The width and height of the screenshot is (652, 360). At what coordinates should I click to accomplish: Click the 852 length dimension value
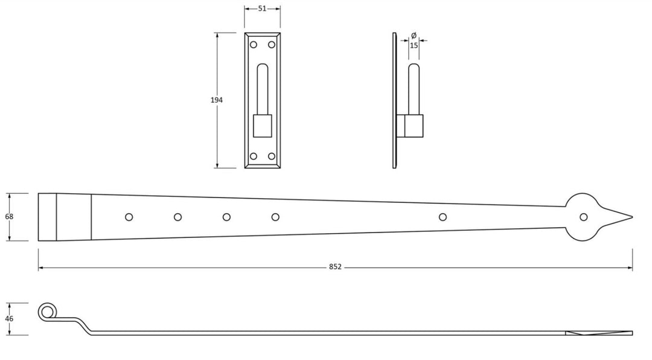(x=335, y=266)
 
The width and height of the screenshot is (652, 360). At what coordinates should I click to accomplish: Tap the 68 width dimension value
(x=8, y=216)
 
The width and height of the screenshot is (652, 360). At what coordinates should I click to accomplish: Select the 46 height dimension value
(x=8, y=318)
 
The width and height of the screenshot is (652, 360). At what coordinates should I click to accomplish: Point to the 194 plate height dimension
(x=217, y=100)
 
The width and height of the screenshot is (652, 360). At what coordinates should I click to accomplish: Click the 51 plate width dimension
(x=263, y=8)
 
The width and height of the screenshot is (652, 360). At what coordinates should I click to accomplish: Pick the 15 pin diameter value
(x=414, y=45)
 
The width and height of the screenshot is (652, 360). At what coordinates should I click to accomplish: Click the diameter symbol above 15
(x=414, y=36)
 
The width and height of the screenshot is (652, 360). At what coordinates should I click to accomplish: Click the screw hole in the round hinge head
(x=583, y=217)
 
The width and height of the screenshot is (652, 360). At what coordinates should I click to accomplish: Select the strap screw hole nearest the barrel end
(x=129, y=217)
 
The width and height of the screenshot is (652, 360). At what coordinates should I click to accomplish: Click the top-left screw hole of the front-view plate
(x=254, y=44)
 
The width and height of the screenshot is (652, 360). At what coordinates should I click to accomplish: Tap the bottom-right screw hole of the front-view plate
(x=271, y=156)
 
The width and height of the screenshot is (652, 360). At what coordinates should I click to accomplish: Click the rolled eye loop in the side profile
(x=46, y=312)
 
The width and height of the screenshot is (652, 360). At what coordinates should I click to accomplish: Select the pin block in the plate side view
(x=414, y=126)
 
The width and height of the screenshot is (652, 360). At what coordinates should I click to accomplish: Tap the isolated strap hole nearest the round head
(x=443, y=217)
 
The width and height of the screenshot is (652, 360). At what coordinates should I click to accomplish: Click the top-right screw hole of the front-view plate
(x=271, y=44)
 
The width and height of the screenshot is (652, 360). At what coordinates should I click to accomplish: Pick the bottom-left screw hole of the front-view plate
(x=254, y=156)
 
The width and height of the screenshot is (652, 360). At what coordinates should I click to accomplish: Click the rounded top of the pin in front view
(x=262, y=66)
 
